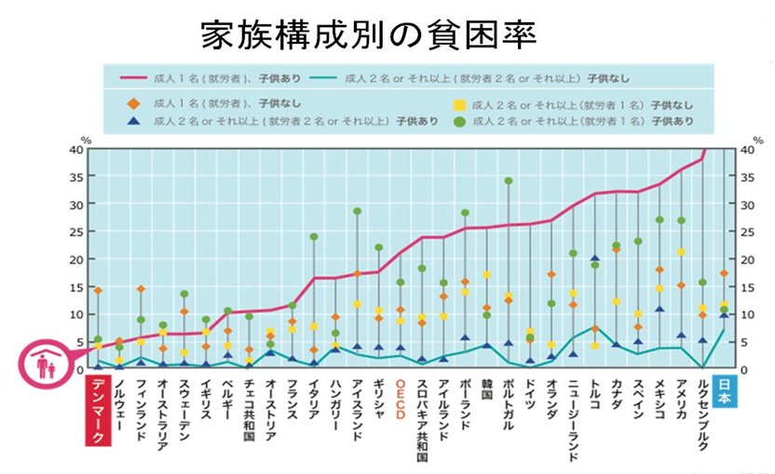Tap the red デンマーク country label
coord(98,410)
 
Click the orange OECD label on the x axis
coord(401,393)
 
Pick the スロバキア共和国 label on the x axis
coord(422,420)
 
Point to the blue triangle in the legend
coord(136,121)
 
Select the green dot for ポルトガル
coord(508,181)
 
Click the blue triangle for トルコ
coord(594,258)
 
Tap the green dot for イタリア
coord(314,237)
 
